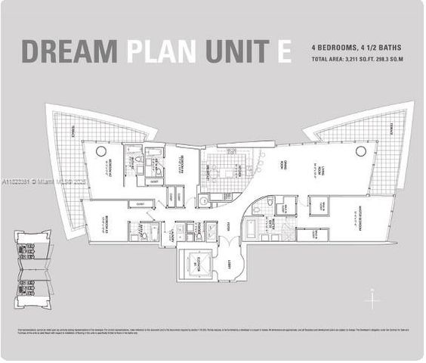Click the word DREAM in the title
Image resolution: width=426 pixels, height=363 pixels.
click(x=69, y=51)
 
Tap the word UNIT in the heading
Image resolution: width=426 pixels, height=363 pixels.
click(x=235, y=51)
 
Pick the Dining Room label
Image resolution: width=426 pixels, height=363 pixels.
click(x=281, y=170)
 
